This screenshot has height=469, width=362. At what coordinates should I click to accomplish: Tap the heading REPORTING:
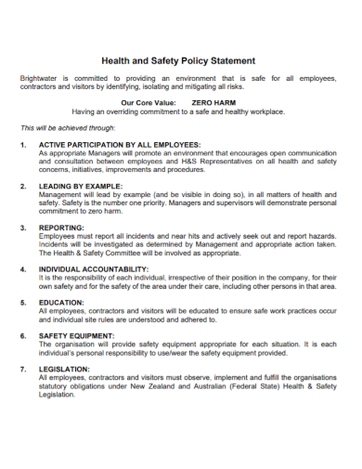pyautogui.click(x=62, y=227)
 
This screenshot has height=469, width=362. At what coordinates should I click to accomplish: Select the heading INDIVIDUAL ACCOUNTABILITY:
pyautogui.click(x=100, y=267)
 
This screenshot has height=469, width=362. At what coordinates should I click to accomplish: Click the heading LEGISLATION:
pyautogui.click(x=65, y=368)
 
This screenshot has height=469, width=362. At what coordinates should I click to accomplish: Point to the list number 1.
pyautogui.click(x=22, y=145)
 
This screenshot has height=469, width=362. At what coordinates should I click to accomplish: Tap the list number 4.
pyautogui.click(x=22, y=267)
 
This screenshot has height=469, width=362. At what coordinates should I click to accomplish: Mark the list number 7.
pyautogui.click(x=22, y=368)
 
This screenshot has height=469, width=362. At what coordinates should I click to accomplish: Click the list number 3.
pyautogui.click(x=22, y=227)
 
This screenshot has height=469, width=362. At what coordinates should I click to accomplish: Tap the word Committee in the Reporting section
pyautogui.click(x=124, y=253)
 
